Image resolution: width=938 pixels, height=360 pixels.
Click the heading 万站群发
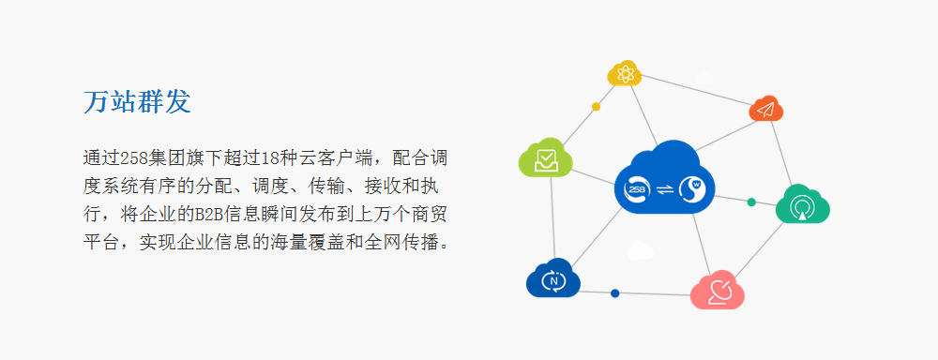coord(137,102)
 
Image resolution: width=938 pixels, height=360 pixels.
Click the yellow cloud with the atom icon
coord(625,73)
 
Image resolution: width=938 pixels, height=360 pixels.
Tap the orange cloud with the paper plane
coord(766,109)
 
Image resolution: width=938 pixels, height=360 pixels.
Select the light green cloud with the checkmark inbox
coord(546,157)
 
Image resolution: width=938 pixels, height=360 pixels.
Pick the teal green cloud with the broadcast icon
coord(802,204)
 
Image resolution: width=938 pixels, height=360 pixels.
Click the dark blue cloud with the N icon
coord(553,278)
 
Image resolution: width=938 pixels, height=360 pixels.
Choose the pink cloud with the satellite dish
coord(718,290)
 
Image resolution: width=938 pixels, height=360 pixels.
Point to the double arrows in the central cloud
coord(665,189)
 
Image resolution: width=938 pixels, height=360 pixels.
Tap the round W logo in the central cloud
coord(693,188)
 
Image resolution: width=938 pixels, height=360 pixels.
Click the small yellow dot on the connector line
coord(596,107)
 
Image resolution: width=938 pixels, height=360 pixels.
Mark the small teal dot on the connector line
coord(751,202)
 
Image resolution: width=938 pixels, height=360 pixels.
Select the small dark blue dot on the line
coord(615,293)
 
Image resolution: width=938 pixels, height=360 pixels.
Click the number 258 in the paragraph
coord(130,158)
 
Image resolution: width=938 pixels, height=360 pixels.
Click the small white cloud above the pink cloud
coord(640,250)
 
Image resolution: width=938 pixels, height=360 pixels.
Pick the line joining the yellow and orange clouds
coord(696,92)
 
